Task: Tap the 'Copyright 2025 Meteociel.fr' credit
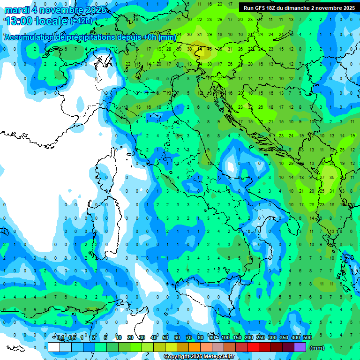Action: tap(199, 357)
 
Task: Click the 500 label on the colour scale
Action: tap(307, 338)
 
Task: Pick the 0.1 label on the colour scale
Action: tap(60, 338)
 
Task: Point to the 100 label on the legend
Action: tap(225, 338)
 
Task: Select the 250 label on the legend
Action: tap(261, 338)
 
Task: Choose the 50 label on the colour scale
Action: tap(165, 338)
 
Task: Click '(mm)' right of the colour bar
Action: tap(317, 348)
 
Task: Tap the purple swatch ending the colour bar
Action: tap(300, 347)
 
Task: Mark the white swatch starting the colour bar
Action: tap(54, 347)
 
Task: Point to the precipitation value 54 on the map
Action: tap(199, 49)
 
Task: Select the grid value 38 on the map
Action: tap(189, 49)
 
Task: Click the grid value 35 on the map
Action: tap(332, 177)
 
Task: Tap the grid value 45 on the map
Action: tap(210, 49)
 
